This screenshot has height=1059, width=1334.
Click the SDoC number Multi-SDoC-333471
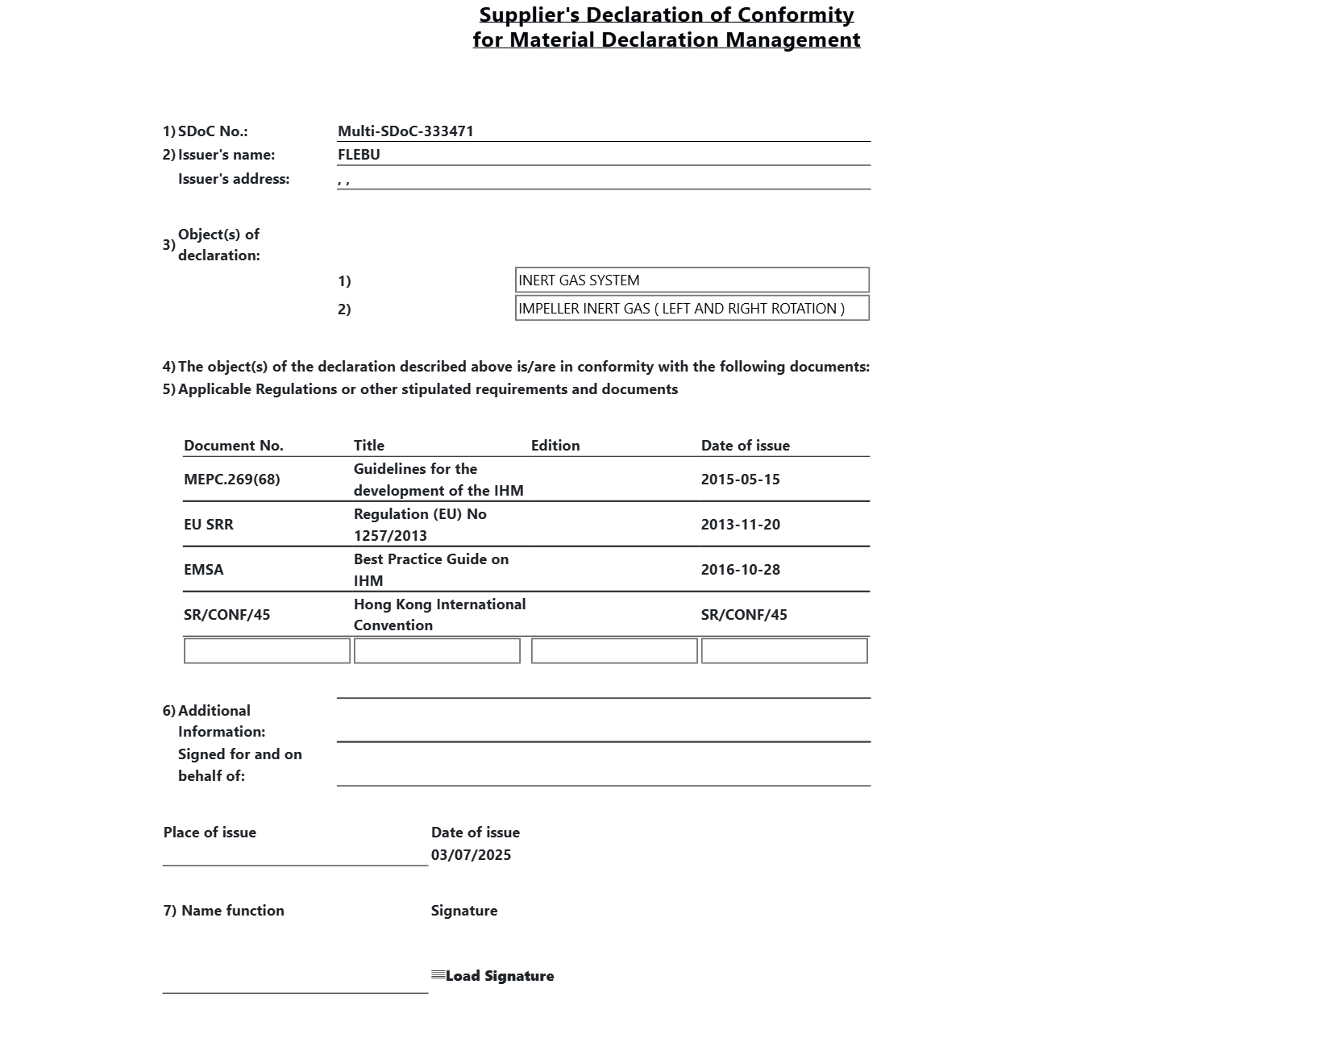click(x=405, y=131)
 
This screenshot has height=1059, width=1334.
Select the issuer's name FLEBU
click(x=359, y=155)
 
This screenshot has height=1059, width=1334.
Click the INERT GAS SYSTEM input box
click(x=692, y=280)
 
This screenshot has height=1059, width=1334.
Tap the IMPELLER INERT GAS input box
click(x=692, y=309)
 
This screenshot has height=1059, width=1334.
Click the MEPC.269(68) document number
click(x=232, y=480)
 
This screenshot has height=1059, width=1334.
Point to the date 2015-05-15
click(x=740, y=480)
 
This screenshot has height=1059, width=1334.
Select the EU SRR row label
click(x=209, y=525)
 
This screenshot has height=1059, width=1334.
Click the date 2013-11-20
click(x=740, y=525)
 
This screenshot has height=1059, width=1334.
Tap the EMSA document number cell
click(x=204, y=570)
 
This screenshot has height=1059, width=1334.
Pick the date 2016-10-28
click(x=740, y=570)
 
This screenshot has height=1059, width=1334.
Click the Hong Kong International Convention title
click(x=439, y=615)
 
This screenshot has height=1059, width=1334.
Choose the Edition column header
click(x=555, y=446)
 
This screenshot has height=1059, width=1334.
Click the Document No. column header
click(x=234, y=446)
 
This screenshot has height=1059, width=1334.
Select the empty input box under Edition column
click(x=614, y=651)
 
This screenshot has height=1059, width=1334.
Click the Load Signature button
click(x=493, y=976)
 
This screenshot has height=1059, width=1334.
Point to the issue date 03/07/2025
click(x=471, y=855)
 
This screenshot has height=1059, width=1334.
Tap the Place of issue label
click(x=210, y=833)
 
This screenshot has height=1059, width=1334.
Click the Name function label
click(x=232, y=911)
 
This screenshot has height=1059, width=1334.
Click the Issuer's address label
click(x=234, y=179)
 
